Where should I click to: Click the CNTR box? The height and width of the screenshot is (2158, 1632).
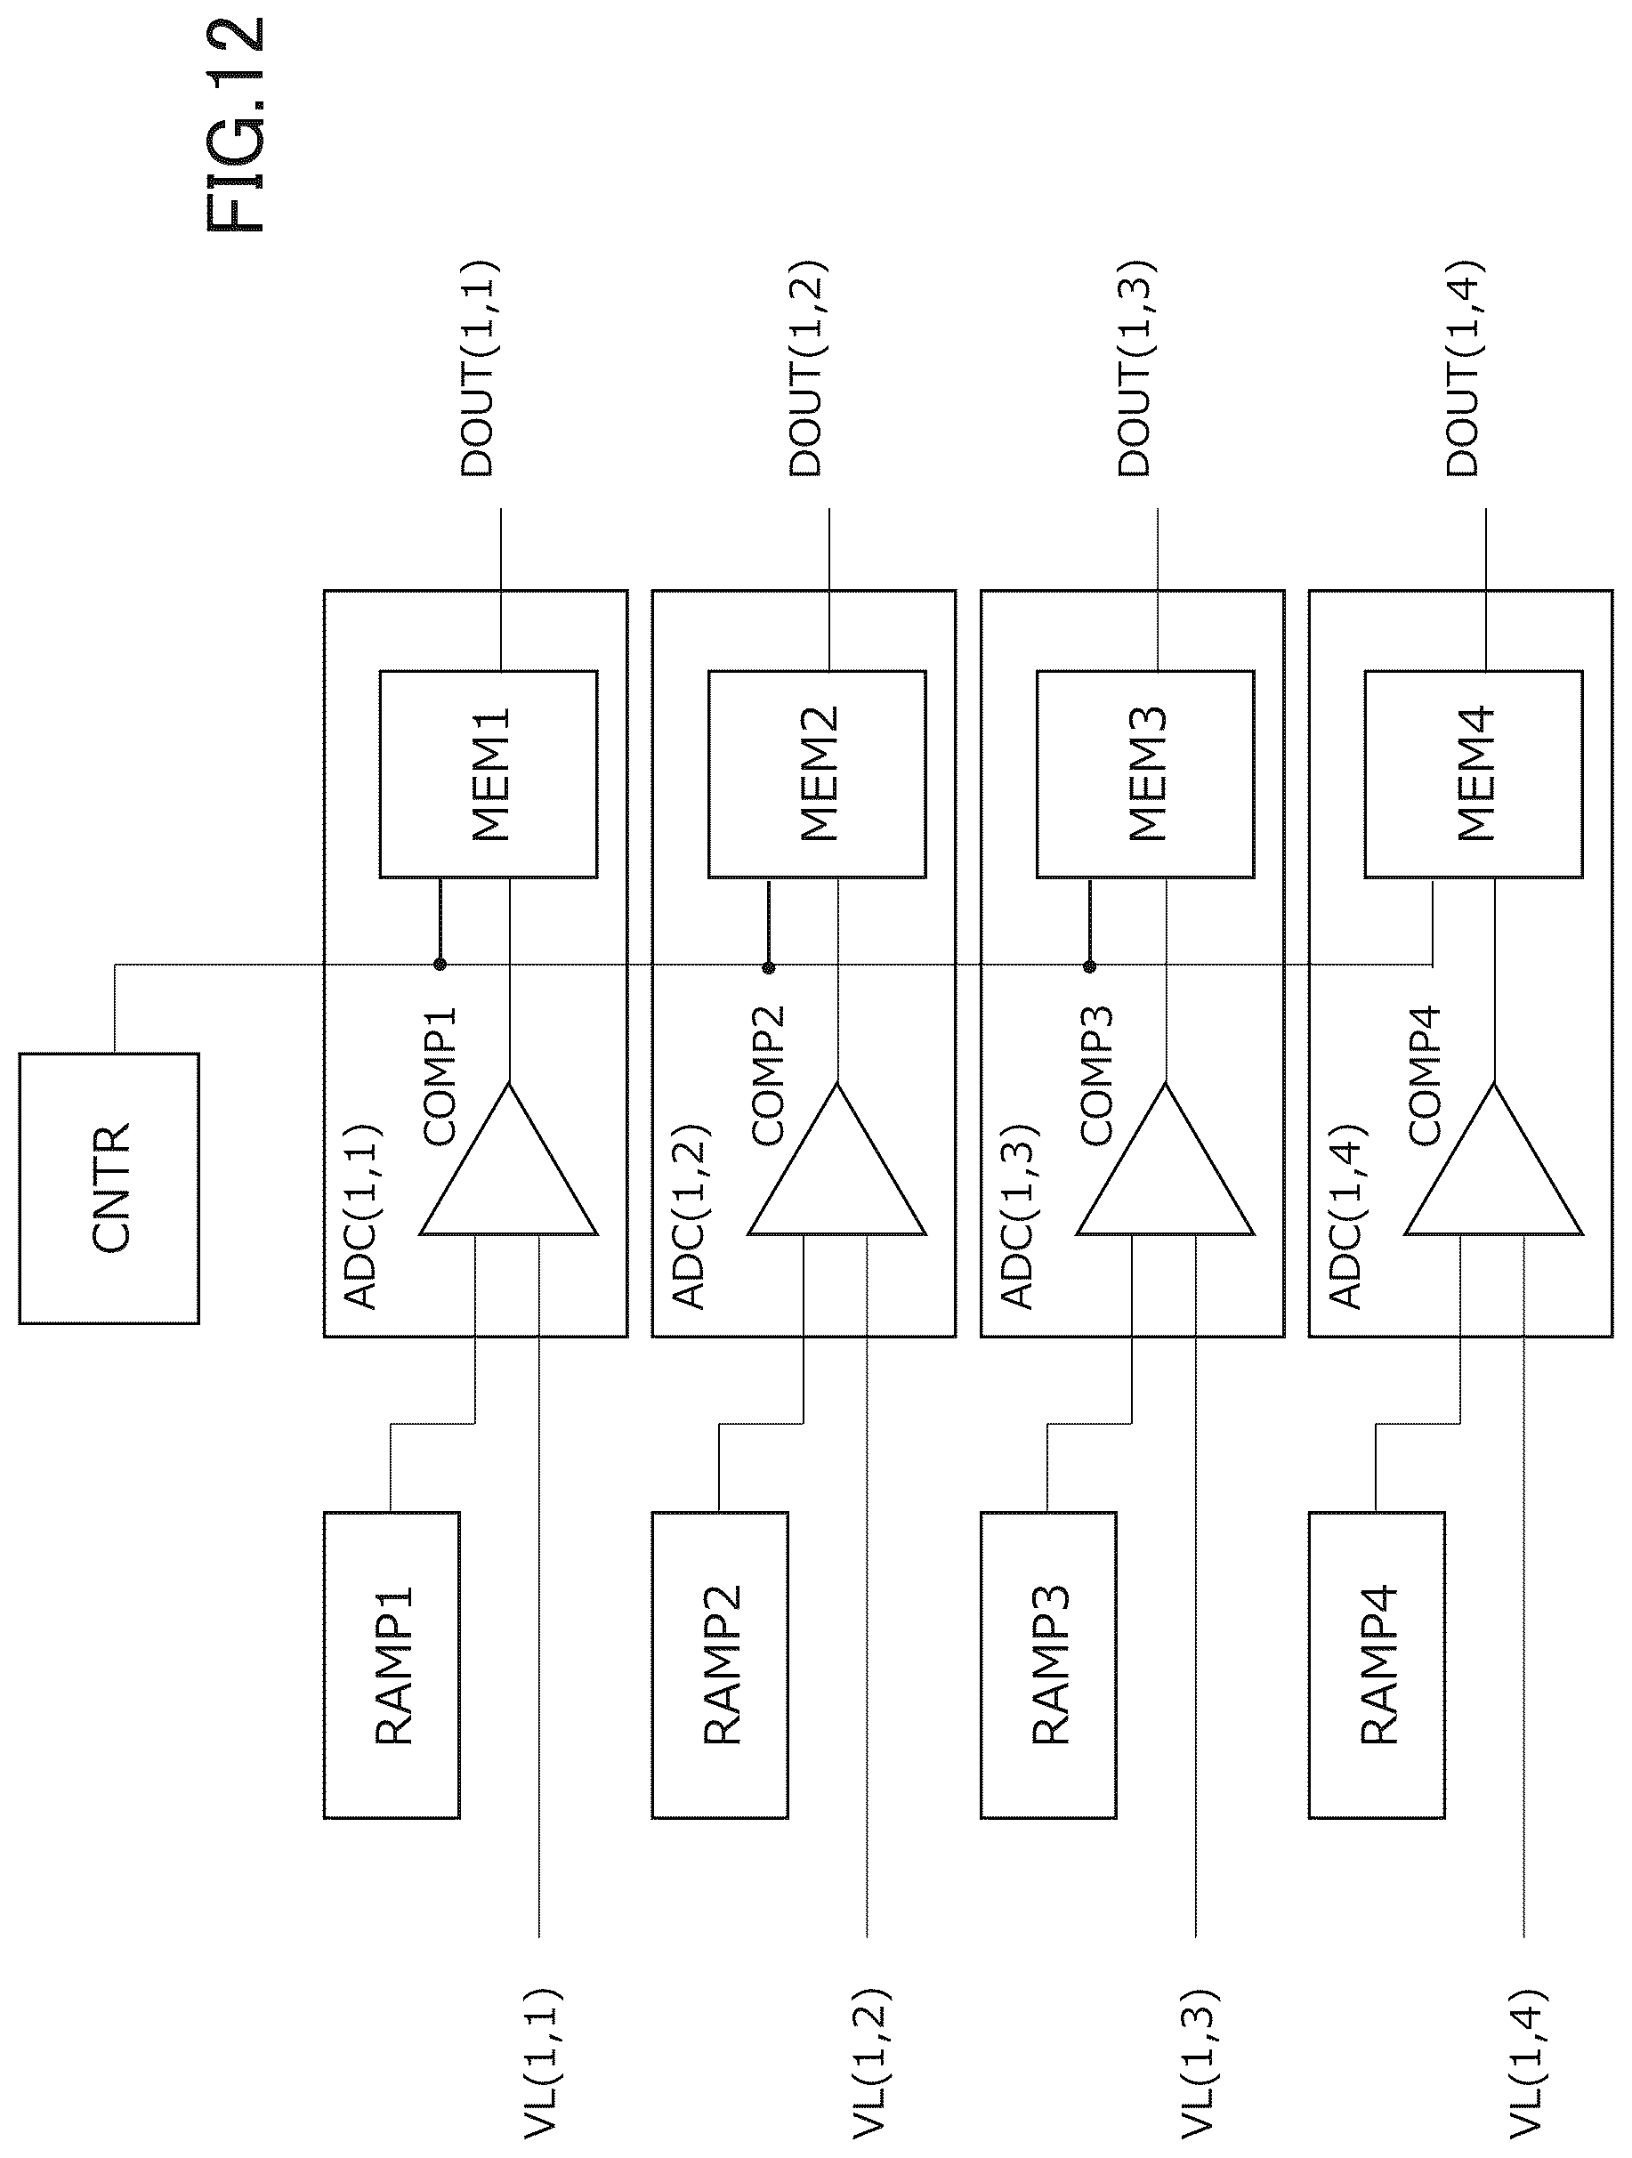tap(109, 1187)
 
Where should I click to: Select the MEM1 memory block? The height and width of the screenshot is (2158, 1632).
tap(488, 773)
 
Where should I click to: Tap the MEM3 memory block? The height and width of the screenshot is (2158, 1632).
tap(1145, 773)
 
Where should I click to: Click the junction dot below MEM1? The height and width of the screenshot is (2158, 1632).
tap(440, 965)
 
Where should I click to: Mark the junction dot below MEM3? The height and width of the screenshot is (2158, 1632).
tap(1089, 966)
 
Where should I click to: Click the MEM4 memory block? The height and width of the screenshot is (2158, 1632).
tap(1473, 773)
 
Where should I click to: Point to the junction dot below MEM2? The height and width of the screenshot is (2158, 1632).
tap(769, 968)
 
